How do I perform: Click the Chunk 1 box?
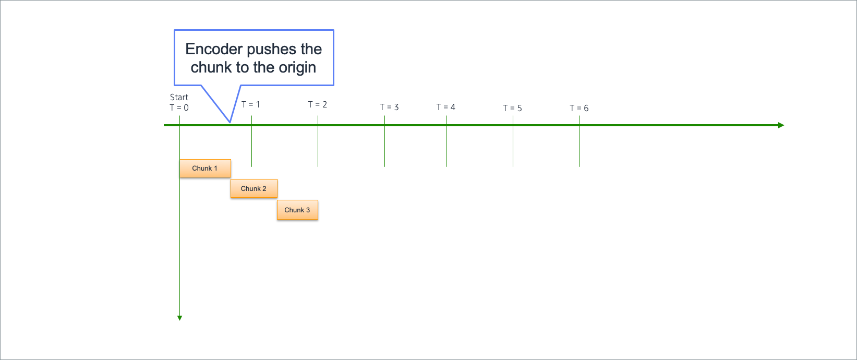205,169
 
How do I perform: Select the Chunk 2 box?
254,188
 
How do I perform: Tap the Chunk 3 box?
297,210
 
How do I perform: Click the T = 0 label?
179,108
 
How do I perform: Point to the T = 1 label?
250,104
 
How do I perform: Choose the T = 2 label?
318,104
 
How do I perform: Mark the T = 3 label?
389,107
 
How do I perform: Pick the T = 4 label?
446,107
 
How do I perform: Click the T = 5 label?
512,109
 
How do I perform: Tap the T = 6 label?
579,109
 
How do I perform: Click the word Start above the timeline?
179,97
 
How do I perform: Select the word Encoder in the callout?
214,49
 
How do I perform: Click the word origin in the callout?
297,68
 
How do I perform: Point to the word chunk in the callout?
211,67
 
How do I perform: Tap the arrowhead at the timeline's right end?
781,125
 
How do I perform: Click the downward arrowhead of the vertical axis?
180,318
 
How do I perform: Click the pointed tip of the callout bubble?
230,123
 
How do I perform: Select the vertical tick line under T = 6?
580,141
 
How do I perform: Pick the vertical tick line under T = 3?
384,141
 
